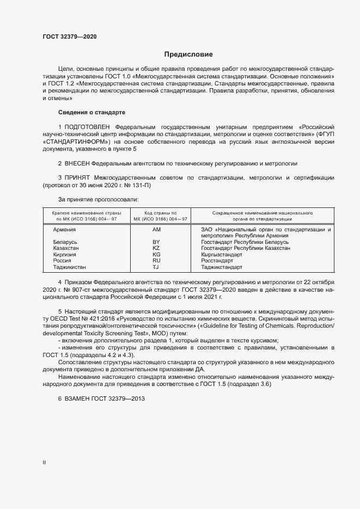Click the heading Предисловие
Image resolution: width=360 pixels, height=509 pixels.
pos(188,54)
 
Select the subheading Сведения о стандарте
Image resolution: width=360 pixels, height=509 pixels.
pos(91,112)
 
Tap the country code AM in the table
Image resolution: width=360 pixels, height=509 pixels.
pos(157,230)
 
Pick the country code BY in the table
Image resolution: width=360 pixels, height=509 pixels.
pos(156,242)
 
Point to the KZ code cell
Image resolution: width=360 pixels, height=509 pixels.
pos(156,248)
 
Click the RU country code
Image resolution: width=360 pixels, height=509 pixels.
pos(156,261)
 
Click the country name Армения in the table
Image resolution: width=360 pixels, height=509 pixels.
pos(64,230)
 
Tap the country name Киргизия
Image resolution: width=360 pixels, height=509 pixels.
pos(65,254)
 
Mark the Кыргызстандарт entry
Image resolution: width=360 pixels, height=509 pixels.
pos(222,254)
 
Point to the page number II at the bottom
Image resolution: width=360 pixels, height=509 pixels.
pos(44,462)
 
